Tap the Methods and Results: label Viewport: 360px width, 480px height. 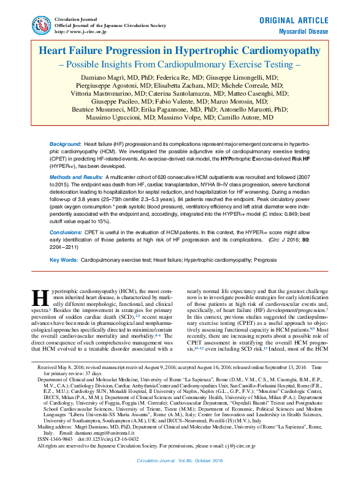click(75, 176)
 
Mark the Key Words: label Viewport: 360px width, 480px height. click(63, 260)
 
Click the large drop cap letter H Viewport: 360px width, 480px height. click(39, 297)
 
